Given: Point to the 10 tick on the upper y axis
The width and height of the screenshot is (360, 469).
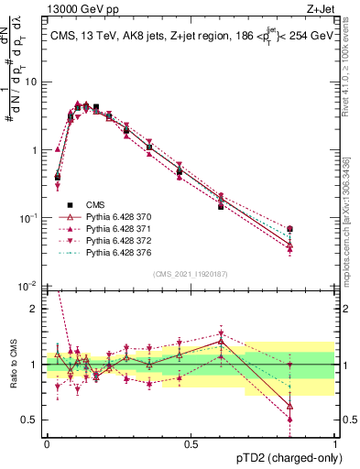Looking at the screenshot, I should [x=33, y=82].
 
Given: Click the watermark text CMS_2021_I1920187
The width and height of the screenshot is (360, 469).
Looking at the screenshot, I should [x=191, y=274].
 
